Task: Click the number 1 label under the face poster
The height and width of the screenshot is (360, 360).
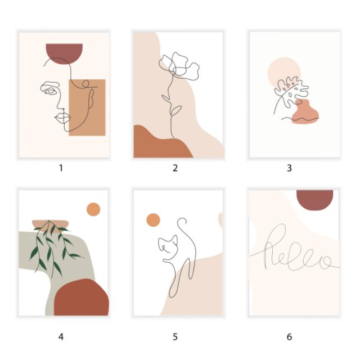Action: coord(61,168)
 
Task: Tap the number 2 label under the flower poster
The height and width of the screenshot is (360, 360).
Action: coord(175,168)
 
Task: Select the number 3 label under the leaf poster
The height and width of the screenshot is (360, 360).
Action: coord(289,168)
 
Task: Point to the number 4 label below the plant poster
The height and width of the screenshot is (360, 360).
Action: coord(61,337)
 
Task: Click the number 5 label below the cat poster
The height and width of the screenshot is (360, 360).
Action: coord(175,337)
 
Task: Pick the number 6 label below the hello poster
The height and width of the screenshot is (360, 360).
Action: coord(289,337)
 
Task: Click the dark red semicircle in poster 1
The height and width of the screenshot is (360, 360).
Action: coord(64,51)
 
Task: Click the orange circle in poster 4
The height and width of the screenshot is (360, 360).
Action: coord(93,210)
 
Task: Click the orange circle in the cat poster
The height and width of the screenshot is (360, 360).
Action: coord(153,220)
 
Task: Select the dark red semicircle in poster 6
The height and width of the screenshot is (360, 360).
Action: coord(315,199)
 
